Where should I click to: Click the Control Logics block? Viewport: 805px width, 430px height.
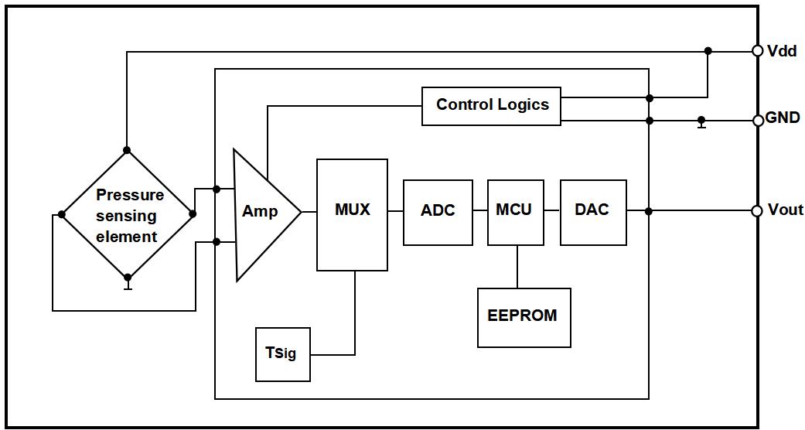click(491, 106)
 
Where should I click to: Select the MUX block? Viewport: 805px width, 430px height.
click(352, 214)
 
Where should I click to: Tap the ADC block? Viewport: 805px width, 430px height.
click(438, 212)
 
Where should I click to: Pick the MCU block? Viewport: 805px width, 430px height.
click(515, 212)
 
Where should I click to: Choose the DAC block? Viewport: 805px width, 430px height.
click(593, 212)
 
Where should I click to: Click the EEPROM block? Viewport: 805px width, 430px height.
click(524, 317)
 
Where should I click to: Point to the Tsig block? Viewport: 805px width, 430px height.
click(282, 354)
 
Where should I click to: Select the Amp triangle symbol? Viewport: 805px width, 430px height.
click(261, 213)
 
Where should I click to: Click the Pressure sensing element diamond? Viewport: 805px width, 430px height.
click(127, 214)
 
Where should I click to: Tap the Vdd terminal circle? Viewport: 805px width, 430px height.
click(758, 51)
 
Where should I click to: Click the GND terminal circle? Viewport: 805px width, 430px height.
click(758, 121)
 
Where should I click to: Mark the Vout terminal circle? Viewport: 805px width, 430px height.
click(758, 211)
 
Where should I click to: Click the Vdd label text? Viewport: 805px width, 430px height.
click(781, 51)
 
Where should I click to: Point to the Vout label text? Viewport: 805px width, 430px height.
click(785, 210)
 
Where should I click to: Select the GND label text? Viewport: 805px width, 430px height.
click(782, 118)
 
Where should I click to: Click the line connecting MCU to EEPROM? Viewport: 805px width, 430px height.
click(516, 267)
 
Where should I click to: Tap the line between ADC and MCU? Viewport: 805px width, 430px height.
click(479, 211)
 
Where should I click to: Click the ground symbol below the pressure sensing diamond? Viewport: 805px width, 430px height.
click(128, 286)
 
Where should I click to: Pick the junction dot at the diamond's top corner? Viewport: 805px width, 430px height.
click(127, 150)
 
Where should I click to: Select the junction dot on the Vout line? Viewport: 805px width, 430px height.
click(649, 211)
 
